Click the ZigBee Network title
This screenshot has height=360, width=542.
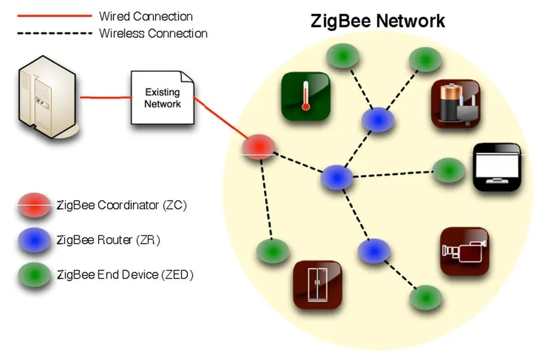378,21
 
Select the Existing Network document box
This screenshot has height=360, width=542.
163,98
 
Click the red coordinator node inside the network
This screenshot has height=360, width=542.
260,146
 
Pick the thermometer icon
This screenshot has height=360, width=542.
306,96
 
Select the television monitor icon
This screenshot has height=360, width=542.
497,167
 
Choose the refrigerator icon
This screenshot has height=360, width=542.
318,284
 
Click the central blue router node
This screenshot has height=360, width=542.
335,177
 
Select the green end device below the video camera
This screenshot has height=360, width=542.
426,297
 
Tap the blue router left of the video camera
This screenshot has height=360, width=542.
374,251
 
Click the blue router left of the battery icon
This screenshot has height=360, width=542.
378,119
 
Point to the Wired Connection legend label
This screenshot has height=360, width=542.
146,16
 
